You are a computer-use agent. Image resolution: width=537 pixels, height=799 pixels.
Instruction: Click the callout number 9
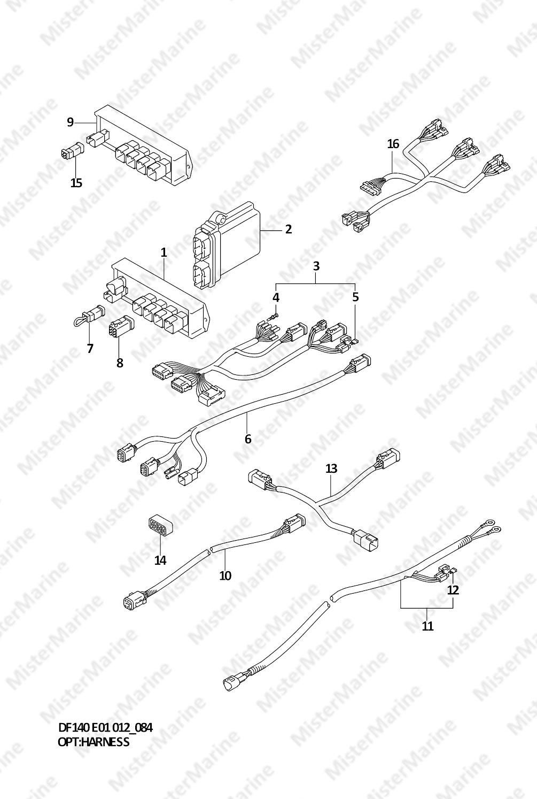pyautogui.click(x=70, y=122)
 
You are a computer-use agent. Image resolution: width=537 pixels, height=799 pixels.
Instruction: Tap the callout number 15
pyautogui.click(x=76, y=183)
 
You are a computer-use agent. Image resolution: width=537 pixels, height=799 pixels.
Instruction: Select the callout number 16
pyautogui.click(x=393, y=144)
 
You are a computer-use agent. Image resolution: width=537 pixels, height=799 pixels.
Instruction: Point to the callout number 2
pyautogui.click(x=289, y=229)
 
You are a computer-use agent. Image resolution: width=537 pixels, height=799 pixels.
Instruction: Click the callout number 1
pyautogui.click(x=164, y=252)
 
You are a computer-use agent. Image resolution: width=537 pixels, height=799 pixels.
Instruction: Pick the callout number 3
pyautogui.click(x=316, y=266)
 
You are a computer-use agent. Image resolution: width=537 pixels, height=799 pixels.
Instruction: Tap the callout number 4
pyautogui.click(x=276, y=297)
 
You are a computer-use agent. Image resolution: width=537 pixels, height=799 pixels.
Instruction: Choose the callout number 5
pyautogui.click(x=355, y=297)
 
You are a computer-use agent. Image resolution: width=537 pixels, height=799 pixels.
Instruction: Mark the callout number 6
pyautogui.click(x=248, y=439)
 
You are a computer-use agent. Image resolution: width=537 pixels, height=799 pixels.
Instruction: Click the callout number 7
pyautogui.click(x=90, y=348)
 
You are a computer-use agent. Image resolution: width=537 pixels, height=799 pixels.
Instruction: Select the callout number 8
pyautogui.click(x=120, y=363)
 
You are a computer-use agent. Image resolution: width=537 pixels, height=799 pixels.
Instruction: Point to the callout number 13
pyautogui.click(x=331, y=468)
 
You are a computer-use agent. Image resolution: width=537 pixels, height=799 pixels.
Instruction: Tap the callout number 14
pyautogui.click(x=160, y=560)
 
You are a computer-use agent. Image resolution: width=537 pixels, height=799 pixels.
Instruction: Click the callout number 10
pyautogui.click(x=225, y=575)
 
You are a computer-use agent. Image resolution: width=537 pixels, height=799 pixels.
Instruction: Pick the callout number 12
pyautogui.click(x=453, y=590)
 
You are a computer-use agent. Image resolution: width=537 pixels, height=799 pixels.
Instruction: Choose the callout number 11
pyautogui.click(x=427, y=626)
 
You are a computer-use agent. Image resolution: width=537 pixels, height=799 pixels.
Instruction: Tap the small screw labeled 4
pyautogui.click(x=274, y=316)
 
